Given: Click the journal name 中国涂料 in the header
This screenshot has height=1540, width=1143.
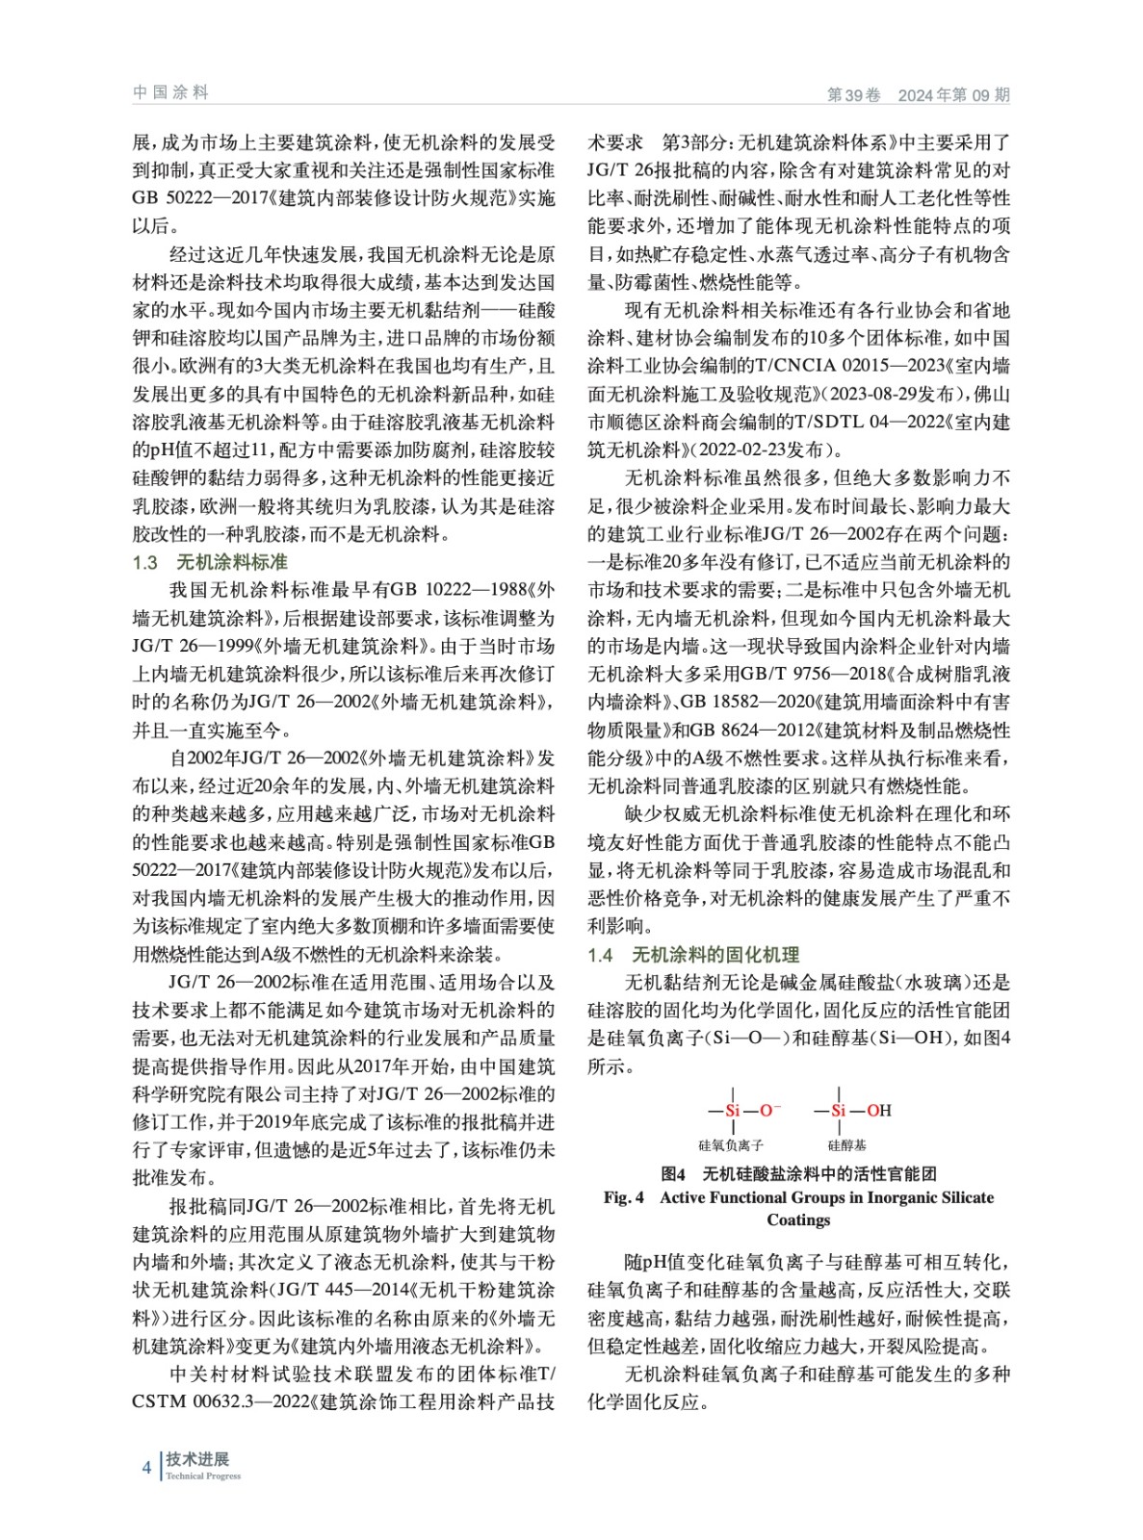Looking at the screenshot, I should point(170,92).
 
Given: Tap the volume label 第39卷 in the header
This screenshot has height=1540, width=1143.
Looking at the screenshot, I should point(853,94).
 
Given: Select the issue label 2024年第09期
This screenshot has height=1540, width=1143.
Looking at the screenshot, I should point(953,94).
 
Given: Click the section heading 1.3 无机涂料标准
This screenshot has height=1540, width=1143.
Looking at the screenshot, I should point(210,562).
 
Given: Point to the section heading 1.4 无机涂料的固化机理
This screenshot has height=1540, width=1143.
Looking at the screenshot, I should point(693,955).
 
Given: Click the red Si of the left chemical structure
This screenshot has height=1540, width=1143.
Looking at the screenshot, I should point(732,1110).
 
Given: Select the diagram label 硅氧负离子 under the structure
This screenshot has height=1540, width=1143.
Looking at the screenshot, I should point(731,1145).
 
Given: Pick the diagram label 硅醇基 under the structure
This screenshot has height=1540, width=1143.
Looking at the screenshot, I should point(846,1145).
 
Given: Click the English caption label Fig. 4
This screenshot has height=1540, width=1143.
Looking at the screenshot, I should point(624,1197).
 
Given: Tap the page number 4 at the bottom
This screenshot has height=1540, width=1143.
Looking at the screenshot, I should point(146,1467).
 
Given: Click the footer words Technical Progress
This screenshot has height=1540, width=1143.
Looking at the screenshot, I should point(203,1476).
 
